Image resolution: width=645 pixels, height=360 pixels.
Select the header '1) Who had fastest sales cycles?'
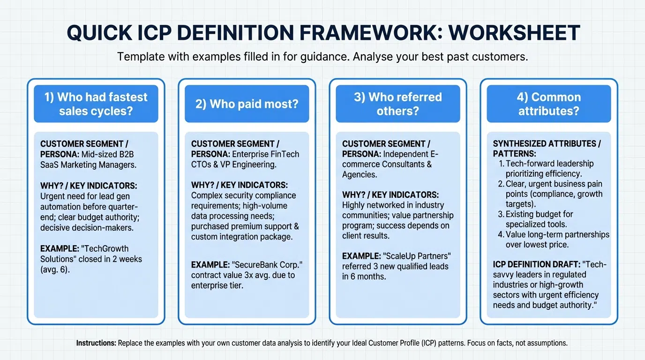pyautogui.click(x=96, y=104)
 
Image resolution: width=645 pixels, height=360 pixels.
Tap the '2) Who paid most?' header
pyautogui.click(x=247, y=104)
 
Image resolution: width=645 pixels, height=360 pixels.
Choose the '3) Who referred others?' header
pyautogui.click(x=397, y=104)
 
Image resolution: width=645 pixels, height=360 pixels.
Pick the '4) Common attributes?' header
pyautogui.click(x=548, y=104)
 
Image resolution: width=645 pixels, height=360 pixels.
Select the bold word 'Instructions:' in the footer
pyautogui.click(x=96, y=343)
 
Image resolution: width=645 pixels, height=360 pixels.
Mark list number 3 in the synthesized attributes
pyautogui.click(x=501, y=214)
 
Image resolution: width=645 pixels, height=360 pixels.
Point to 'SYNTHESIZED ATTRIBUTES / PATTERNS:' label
pyautogui.click(x=540, y=149)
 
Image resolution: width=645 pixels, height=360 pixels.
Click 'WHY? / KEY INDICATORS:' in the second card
pyautogui.click(x=240, y=185)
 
